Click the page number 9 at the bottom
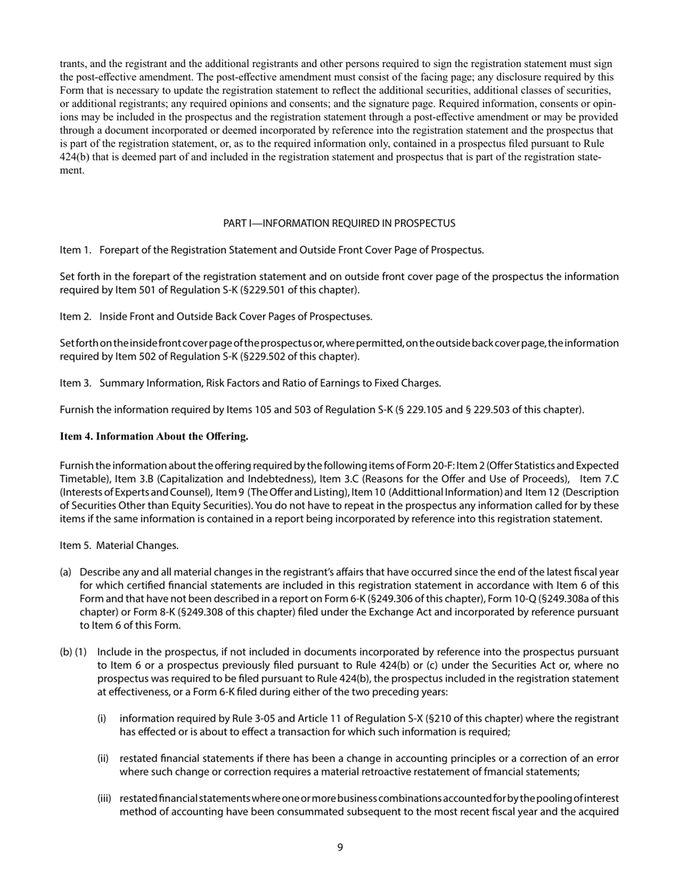(x=339, y=848)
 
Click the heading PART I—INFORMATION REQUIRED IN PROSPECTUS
(x=339, y=224)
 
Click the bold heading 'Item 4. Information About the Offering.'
(x=154, y=436)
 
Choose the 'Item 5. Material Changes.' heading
(x=119, y=546)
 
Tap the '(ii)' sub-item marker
(x=104, y=758)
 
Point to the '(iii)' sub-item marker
(x=104, y=798)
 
